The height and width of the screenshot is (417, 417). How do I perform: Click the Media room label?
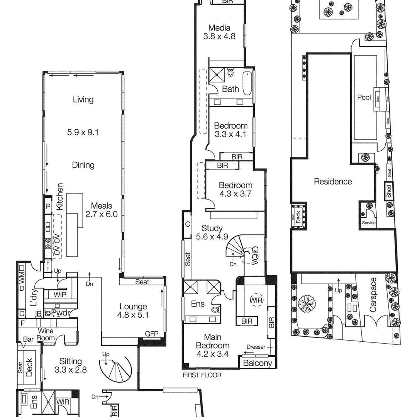tap(219, 28)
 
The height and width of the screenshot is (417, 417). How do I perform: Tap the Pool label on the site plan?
tap(364, 97)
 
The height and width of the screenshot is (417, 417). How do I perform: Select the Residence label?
tap(333, 181)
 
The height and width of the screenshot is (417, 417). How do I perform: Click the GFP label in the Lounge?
tap(151, 334)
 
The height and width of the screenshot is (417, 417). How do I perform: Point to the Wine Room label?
tap(46, 334)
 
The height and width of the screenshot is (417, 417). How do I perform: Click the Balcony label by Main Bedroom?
tap(258, 363)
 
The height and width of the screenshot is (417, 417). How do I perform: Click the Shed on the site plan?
tap(388, 192)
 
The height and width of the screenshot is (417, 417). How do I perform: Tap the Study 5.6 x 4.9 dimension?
tap(212, 237)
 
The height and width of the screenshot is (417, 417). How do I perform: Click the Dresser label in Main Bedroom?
tap(256, 346)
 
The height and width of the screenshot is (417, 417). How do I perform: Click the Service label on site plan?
tap(368, 223)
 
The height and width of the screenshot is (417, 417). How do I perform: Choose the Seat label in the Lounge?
tap(142, 282)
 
